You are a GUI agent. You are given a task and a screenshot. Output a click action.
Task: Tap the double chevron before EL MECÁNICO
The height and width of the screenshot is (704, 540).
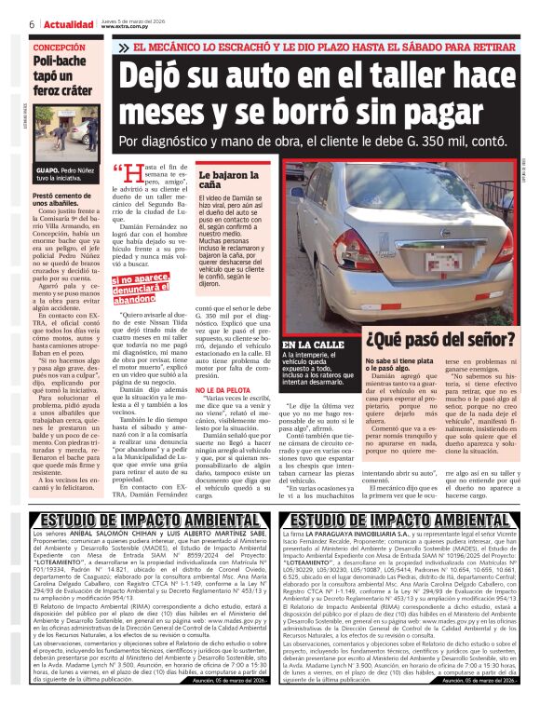pos(124,47)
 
